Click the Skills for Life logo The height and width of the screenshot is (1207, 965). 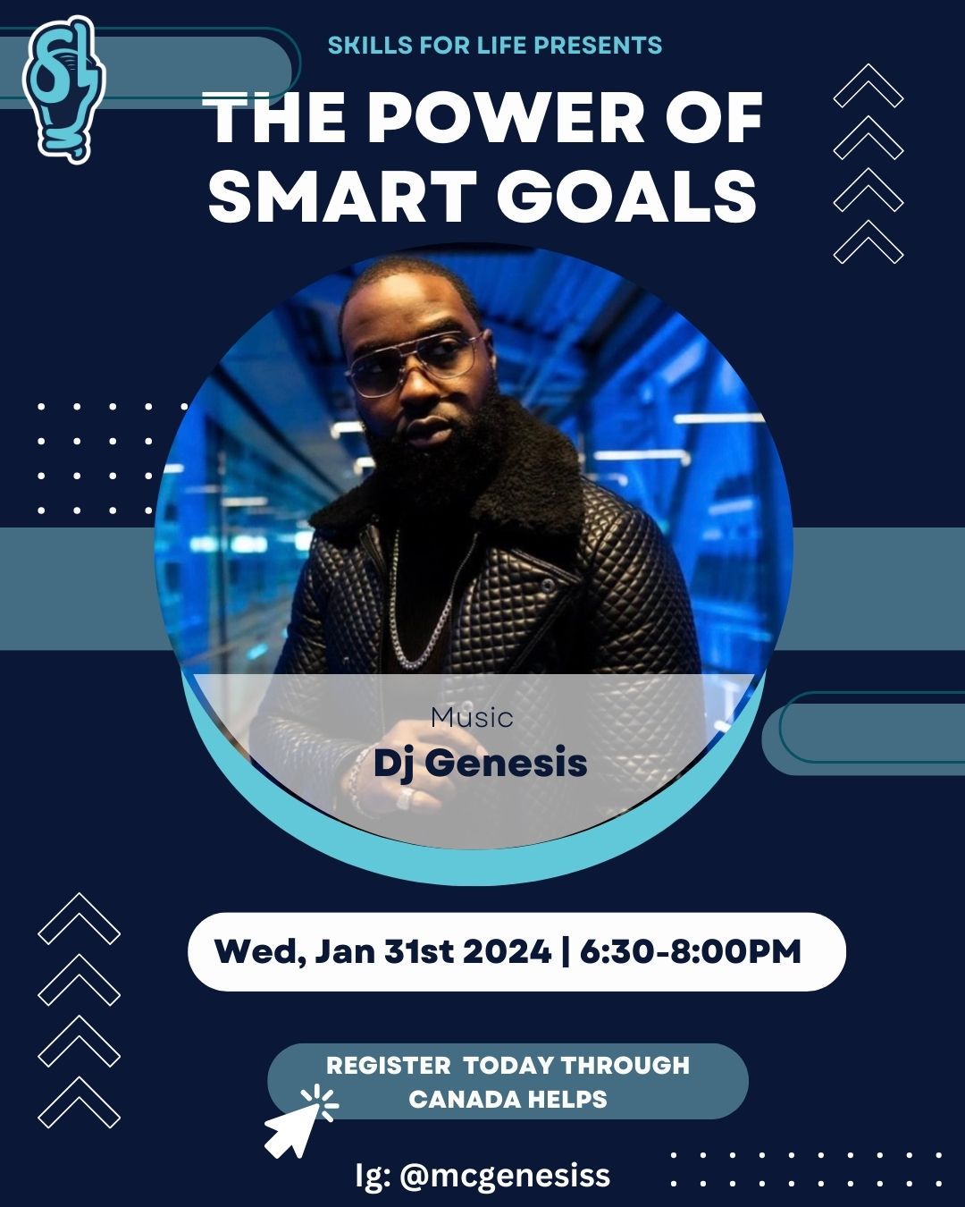coord(63,89)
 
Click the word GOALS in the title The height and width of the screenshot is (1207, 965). coord(626,197)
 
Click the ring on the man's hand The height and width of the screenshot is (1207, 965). coord(405,798)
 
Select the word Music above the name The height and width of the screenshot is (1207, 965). coord(472,718)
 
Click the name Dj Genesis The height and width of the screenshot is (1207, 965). coord(481,764)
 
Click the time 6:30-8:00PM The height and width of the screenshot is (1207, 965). coord(691,952)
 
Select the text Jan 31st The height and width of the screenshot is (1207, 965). coord(384,952)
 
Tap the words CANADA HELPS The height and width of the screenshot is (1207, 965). coord(508,1100)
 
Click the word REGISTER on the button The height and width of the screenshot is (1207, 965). coord(389,1066)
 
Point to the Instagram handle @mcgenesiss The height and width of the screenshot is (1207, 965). coord(505,1176)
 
